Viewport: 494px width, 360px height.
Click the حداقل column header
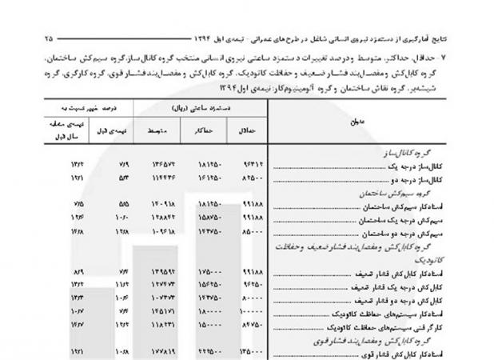pos(246,131)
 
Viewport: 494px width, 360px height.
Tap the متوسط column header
pos(157,131)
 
